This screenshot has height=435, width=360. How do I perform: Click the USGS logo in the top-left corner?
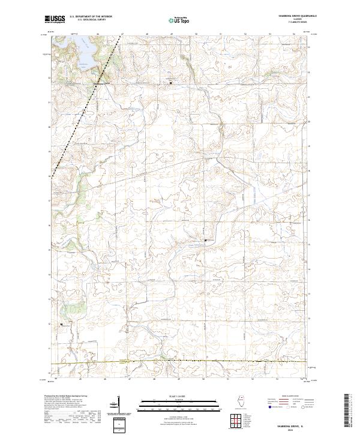[x=55, y=19]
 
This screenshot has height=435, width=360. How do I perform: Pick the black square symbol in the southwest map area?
[x=61, y=325]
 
